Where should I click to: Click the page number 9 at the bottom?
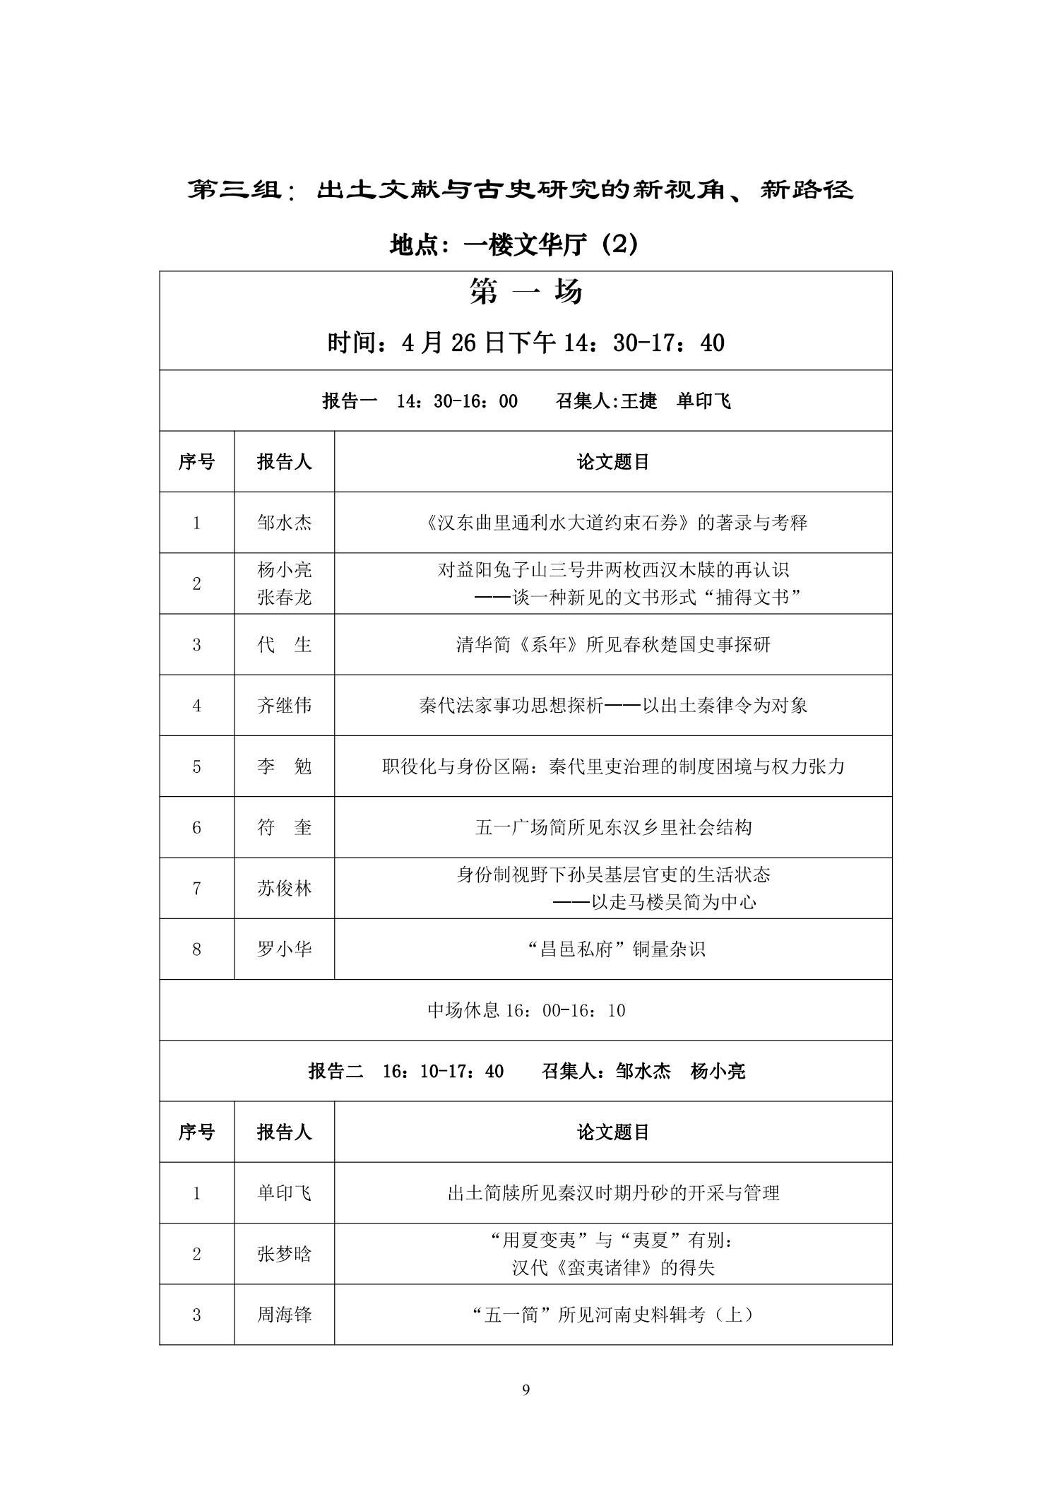(x=525, y=1390)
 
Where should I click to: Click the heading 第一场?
(x=525, y=291)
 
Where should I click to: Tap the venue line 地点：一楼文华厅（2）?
(x=514, y=244)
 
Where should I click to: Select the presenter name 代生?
(x=284, y=644)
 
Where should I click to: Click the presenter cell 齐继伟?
(x=284, y=705)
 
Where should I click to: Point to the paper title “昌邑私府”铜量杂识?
(x=616, y=949)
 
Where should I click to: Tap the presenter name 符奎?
(x=284, y=827)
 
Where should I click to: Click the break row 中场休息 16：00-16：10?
(x=526, y=1010)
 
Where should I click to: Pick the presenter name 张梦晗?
(x=284, y=1254)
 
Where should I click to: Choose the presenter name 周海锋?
(x=284, y=1315)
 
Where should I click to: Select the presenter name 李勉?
(x=284, y=766)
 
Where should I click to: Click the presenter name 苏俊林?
(x=284, y=888)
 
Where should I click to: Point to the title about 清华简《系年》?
(x=613, y=644)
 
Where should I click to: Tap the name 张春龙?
(x=284, y=598)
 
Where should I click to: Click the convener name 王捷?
(x=639, y=401)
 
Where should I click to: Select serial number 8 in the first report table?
(x=196, y=949)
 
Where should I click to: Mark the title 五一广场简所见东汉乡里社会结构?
(x=613, y=827)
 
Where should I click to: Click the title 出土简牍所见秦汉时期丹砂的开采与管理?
(x=613, y=1193)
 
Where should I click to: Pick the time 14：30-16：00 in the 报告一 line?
(x=457, y=401)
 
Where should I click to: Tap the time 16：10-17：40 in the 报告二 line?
(x=443, y=1071)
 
